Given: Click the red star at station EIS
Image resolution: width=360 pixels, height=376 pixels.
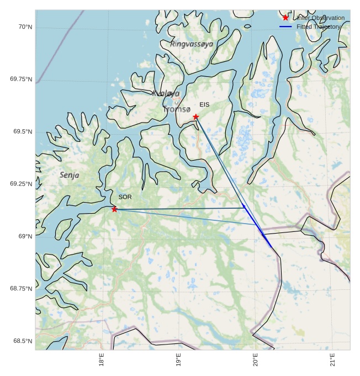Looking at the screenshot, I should click(x=195, y=116).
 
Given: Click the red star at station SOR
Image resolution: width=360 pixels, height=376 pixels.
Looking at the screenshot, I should click(x=114, y=209).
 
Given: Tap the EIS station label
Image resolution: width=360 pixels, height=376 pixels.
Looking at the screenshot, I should click(x=204, y=104).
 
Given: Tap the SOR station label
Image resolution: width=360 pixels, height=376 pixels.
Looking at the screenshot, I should click(x=125, y=197).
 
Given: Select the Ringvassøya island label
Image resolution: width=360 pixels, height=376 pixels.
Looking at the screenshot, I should click(x=192, y=44).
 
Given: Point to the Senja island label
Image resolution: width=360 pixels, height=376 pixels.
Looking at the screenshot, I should click(x=70, y=175).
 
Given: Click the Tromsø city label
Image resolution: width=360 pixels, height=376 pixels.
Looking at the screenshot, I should click(x=177, y=109).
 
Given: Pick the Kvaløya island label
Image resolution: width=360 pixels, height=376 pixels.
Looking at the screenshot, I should click(x=166, y=93).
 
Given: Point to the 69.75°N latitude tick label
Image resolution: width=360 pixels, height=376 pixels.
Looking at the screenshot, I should click(x=21, y=79).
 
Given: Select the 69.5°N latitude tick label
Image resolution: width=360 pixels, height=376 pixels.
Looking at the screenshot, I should click(x=23, y=131).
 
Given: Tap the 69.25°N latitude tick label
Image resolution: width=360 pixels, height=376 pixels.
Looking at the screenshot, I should click(x=21, y=183).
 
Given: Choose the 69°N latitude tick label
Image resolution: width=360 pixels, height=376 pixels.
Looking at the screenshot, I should click(x=25, y=236).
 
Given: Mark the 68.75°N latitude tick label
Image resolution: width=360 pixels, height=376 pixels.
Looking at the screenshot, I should click(x=21, y=288).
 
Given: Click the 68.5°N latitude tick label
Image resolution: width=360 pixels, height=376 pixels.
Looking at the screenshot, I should click(x=23, y=341).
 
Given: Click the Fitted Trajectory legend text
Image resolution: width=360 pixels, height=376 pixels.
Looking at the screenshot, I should click(x=319, y=27).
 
